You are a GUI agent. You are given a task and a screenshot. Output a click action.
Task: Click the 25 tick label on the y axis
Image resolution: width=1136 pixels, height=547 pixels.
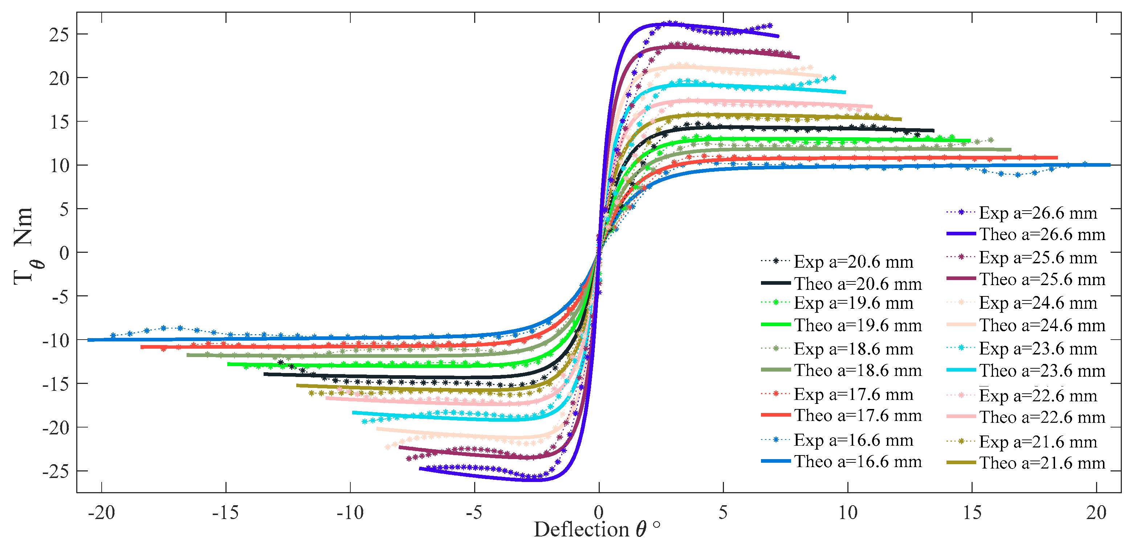pyautogui.click(x=59, y=35)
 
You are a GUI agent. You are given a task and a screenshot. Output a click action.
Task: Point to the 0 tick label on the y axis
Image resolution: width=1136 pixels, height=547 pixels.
pyautogui.click(x=64, y=253)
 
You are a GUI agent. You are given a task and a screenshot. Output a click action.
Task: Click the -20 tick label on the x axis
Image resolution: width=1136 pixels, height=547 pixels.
pyautogui.click(x=101, y=513)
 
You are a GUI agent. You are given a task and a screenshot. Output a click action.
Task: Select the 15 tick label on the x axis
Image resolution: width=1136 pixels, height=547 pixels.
pyautogui.click(x=972, y=513)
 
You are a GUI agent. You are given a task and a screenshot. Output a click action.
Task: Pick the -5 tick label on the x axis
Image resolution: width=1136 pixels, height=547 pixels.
pyautogui.click(x=475, y=513)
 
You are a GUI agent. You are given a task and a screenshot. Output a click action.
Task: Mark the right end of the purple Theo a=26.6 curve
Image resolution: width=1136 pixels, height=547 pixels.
pyautogui.click(x=778, y=36)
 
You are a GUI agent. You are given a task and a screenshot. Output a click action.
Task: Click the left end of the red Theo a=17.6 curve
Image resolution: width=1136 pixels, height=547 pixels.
pyautogui.click(x=142, y=347)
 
